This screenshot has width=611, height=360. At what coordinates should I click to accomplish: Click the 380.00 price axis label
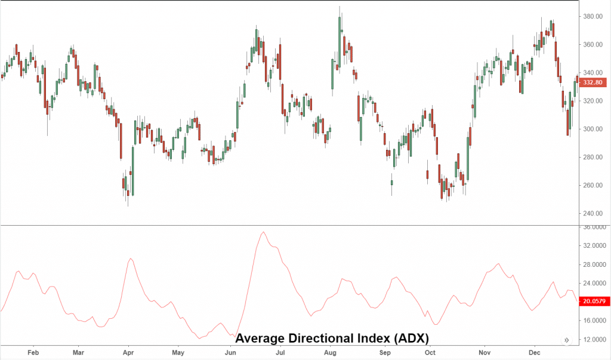click(594, 16)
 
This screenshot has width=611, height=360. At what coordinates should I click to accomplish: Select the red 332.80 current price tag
click(594, 82)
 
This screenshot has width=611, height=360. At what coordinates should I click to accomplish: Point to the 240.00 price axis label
click(594, 213)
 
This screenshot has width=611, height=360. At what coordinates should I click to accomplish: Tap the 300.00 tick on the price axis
click(594, 129)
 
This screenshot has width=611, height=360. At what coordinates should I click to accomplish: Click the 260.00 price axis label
click(594, 185)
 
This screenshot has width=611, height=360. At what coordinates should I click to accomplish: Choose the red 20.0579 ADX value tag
click(594, 302)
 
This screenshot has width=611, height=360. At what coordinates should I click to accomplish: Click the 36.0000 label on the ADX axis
click(594, 227)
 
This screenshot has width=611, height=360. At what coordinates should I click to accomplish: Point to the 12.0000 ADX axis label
click(594, 340)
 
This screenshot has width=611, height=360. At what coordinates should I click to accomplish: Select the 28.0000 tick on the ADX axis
click(594, 264)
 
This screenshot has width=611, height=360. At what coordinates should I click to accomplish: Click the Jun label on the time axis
click(229, 353)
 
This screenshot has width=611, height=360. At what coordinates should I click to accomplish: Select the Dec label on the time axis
click(534, 353)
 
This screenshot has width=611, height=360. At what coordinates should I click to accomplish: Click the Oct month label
click(430, 353)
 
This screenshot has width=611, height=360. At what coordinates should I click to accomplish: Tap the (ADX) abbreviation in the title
click(411, 339)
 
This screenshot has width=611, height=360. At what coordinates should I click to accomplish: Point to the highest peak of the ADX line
click(263, 232)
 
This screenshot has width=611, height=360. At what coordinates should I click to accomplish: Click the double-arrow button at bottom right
click(566, 340)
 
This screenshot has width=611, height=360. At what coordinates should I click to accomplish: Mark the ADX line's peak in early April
click(131, 259)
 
